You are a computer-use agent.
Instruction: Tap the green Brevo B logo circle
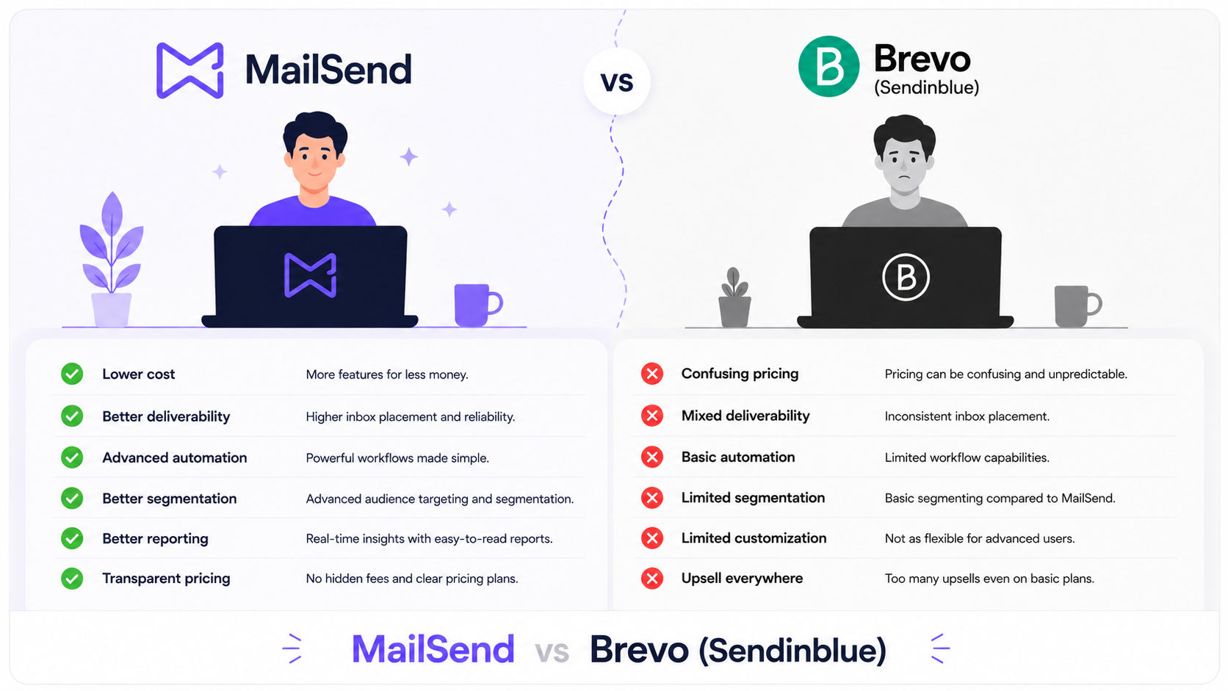pos(828,66)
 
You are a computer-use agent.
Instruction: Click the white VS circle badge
pos(617,81)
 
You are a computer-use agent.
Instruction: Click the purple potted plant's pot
pos(112,310)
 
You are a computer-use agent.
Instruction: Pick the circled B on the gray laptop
pos(906,278)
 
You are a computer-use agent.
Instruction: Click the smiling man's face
pos(314,161)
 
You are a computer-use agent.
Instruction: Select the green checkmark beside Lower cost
pos(72,375)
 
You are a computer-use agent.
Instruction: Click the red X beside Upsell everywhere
pos(652,578)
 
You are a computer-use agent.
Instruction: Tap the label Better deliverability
pos(166,416)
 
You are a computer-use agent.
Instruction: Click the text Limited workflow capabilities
pos(967,457)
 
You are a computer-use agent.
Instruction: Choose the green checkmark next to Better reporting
pos(72,538)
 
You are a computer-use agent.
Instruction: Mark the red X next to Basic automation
pos(652,457)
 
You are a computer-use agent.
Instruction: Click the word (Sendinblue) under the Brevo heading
pos(926,87)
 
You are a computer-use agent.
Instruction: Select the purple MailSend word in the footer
pos(433,649)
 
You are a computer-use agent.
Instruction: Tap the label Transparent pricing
pos(166,579)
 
